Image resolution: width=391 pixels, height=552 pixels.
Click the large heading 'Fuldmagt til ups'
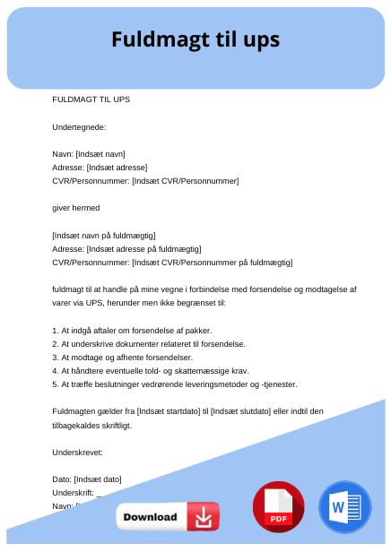[195, 39]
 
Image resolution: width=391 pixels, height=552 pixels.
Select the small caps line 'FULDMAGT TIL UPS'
[91, 99]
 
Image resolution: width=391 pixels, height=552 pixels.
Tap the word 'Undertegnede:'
[80, 126]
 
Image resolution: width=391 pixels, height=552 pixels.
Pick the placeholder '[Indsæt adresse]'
[116, 168]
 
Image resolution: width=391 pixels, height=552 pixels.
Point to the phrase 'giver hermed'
[76, 208]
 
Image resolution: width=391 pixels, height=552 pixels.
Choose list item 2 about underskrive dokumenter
[148, 343]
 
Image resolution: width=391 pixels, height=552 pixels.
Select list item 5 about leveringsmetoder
[174, 384]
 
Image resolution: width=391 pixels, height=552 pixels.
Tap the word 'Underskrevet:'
[80, 452]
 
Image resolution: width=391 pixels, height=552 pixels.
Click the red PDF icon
[278, 507]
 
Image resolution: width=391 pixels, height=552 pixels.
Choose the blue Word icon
[343, 507]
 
